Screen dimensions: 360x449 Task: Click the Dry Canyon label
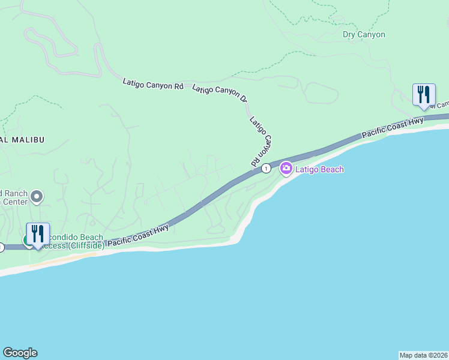tap(364, 35)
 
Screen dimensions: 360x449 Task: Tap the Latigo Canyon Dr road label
tap(220, 93)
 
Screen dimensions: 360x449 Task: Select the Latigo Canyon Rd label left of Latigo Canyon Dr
tap(152, 84)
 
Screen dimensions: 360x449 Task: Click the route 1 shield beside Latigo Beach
tap(266, 169)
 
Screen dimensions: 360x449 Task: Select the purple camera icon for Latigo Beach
tap(286, 169)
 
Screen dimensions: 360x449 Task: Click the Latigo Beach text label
tap(320, 170)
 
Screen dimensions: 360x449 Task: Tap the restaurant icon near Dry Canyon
tap(424, 94)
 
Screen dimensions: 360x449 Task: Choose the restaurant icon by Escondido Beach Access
tap(37, 234)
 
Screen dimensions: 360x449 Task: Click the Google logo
tap(20, 353)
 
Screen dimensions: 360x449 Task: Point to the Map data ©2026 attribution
tap(423, 355)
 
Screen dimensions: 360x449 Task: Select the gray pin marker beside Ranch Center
tap(37, 196)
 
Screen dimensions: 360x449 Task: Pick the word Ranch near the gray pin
tap(16, 193)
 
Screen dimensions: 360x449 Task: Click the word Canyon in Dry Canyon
tap(372, 35)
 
